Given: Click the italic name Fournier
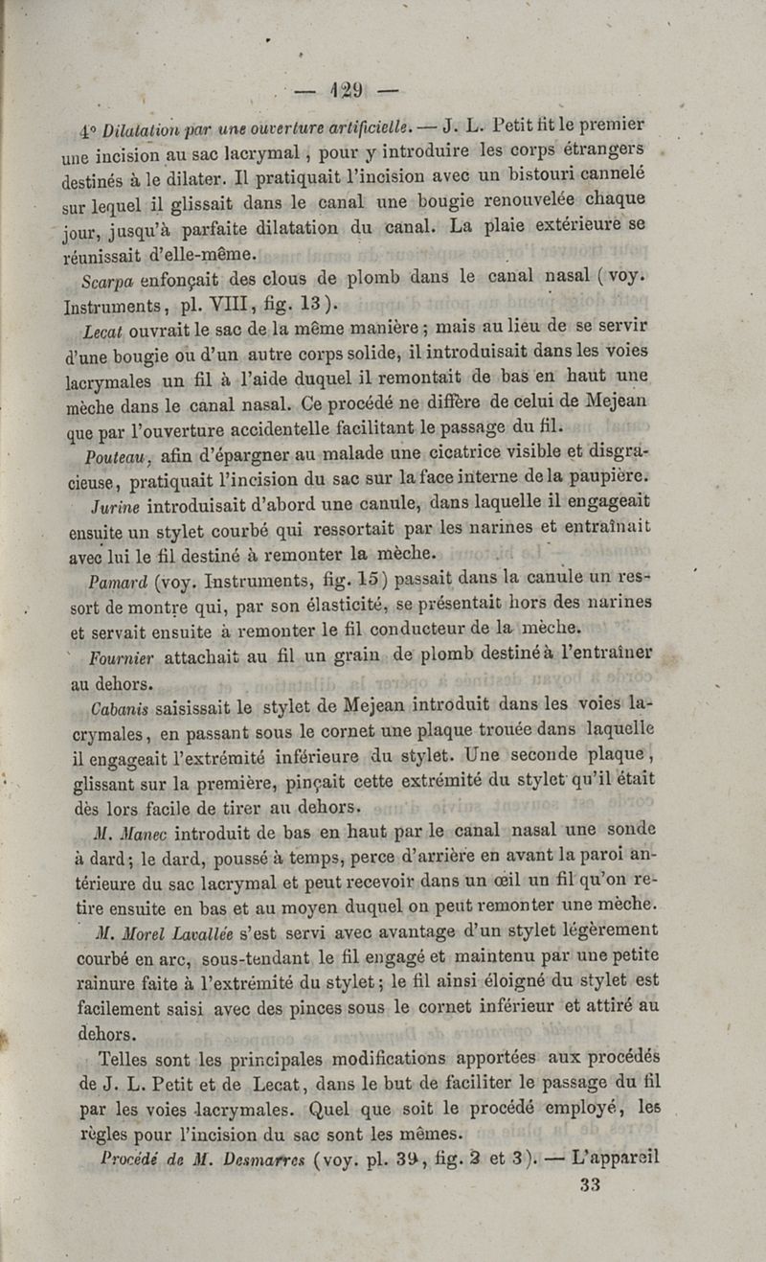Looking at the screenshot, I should pyautogui.click(x=122, y=658).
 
